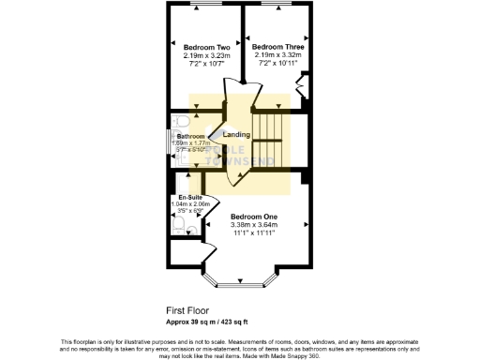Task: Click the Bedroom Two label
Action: (x=207, y=48)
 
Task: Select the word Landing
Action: (x=236, y=135)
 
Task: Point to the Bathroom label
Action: (x=190, y=136)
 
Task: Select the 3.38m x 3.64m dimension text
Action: (x=254, y=224)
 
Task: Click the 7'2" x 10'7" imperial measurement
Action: (x=207, y=65)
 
